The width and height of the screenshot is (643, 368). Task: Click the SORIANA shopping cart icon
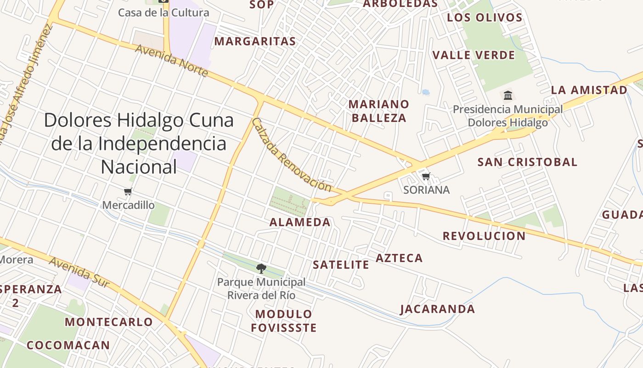tap(426, 176)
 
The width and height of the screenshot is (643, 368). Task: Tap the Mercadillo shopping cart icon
tap(128, 191)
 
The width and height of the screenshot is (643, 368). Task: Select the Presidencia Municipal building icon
tap(508, 95)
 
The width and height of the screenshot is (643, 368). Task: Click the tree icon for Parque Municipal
tap(261, 268)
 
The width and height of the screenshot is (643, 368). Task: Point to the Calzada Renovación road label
tap(291, 155)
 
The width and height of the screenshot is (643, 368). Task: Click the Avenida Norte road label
tap(172, 60)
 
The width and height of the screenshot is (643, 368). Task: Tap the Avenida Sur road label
tap(79, 272)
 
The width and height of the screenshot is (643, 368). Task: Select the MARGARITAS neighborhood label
tap(255, 41)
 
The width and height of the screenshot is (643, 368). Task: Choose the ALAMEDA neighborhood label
tap(300, 222)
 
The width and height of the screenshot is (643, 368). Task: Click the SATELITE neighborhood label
tap(341, 264)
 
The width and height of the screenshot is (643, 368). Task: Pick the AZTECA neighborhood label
tap(399, 258)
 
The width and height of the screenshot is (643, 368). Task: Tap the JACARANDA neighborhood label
tap(438, 309)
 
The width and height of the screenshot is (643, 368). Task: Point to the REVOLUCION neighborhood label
tap(484, 236)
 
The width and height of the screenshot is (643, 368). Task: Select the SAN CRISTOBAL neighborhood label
tap(527, 162)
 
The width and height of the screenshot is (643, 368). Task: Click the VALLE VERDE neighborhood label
tap(474, 55)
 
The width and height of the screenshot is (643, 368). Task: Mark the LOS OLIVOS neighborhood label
tap(485, 17)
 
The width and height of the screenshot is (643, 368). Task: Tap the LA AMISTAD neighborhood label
tap(589, 90)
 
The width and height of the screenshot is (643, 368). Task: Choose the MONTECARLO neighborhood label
tap(108, 322)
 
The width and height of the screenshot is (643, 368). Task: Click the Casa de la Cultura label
tap(164, 12)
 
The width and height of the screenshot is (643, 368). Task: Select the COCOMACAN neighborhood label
tap(68, 345)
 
